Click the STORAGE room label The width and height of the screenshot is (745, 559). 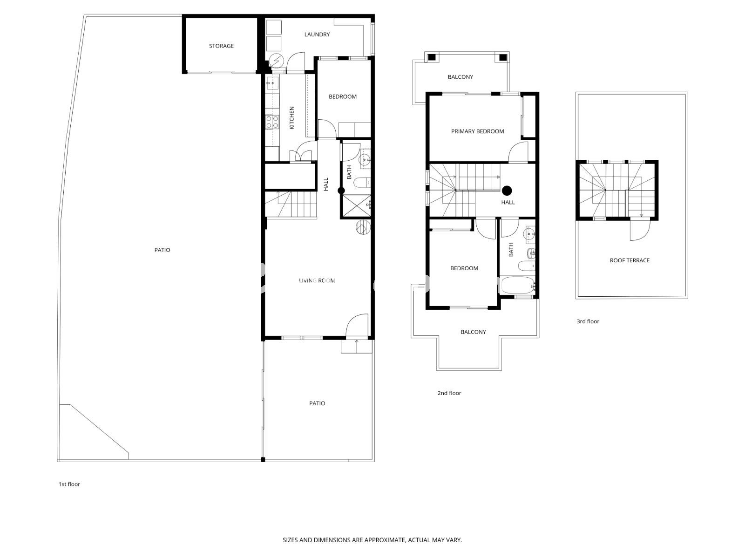click(x=221, y=46)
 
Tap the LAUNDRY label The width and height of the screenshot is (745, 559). click(x=317, y=34)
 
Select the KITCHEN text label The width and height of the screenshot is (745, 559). click(x=291, y=118)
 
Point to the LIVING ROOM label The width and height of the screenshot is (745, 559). click(x=317, y=281)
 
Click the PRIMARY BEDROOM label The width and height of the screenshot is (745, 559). click(x=478, y=131)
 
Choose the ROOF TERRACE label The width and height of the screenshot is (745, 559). click(x=630, y=260)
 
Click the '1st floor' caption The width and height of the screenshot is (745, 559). click(x=69, y=484)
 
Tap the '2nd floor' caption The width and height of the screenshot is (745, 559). click(x=449, y=393)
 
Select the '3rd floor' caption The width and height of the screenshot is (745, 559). click(x=588, y=321)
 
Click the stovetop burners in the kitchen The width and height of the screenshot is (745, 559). click(x=272, y=122)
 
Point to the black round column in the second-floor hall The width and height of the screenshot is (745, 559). click(x=507, y=191)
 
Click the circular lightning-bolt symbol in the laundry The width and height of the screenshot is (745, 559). click(x=277, y=61)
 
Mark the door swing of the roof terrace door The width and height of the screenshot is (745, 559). click(x=640, y=231)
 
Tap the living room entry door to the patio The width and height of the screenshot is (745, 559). click(x=357, y=325)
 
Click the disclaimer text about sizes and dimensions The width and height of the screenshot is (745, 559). click(x=372, y=540)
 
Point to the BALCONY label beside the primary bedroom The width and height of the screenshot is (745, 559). click(x=460, y=77)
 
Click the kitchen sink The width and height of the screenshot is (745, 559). click(x=272, y=83)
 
